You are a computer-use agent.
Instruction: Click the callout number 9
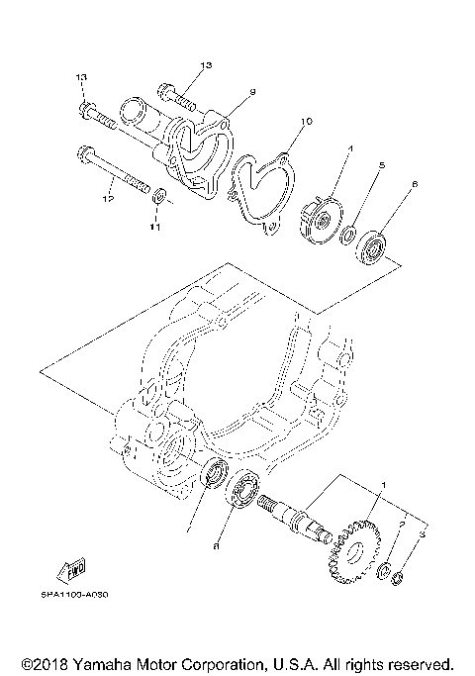252,92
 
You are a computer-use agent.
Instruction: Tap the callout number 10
306,122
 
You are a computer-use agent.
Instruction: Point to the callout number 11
153,228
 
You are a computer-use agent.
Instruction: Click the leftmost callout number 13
82,77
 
